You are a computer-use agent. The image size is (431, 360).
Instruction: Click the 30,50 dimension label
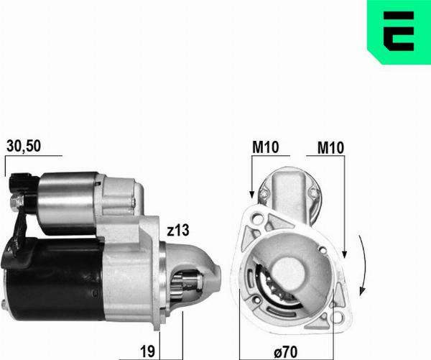(24, 146)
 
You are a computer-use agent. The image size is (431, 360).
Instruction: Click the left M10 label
(266, 148)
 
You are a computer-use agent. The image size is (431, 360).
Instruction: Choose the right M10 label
(330, 148)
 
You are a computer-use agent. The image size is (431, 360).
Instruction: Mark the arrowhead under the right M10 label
(344, 254)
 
